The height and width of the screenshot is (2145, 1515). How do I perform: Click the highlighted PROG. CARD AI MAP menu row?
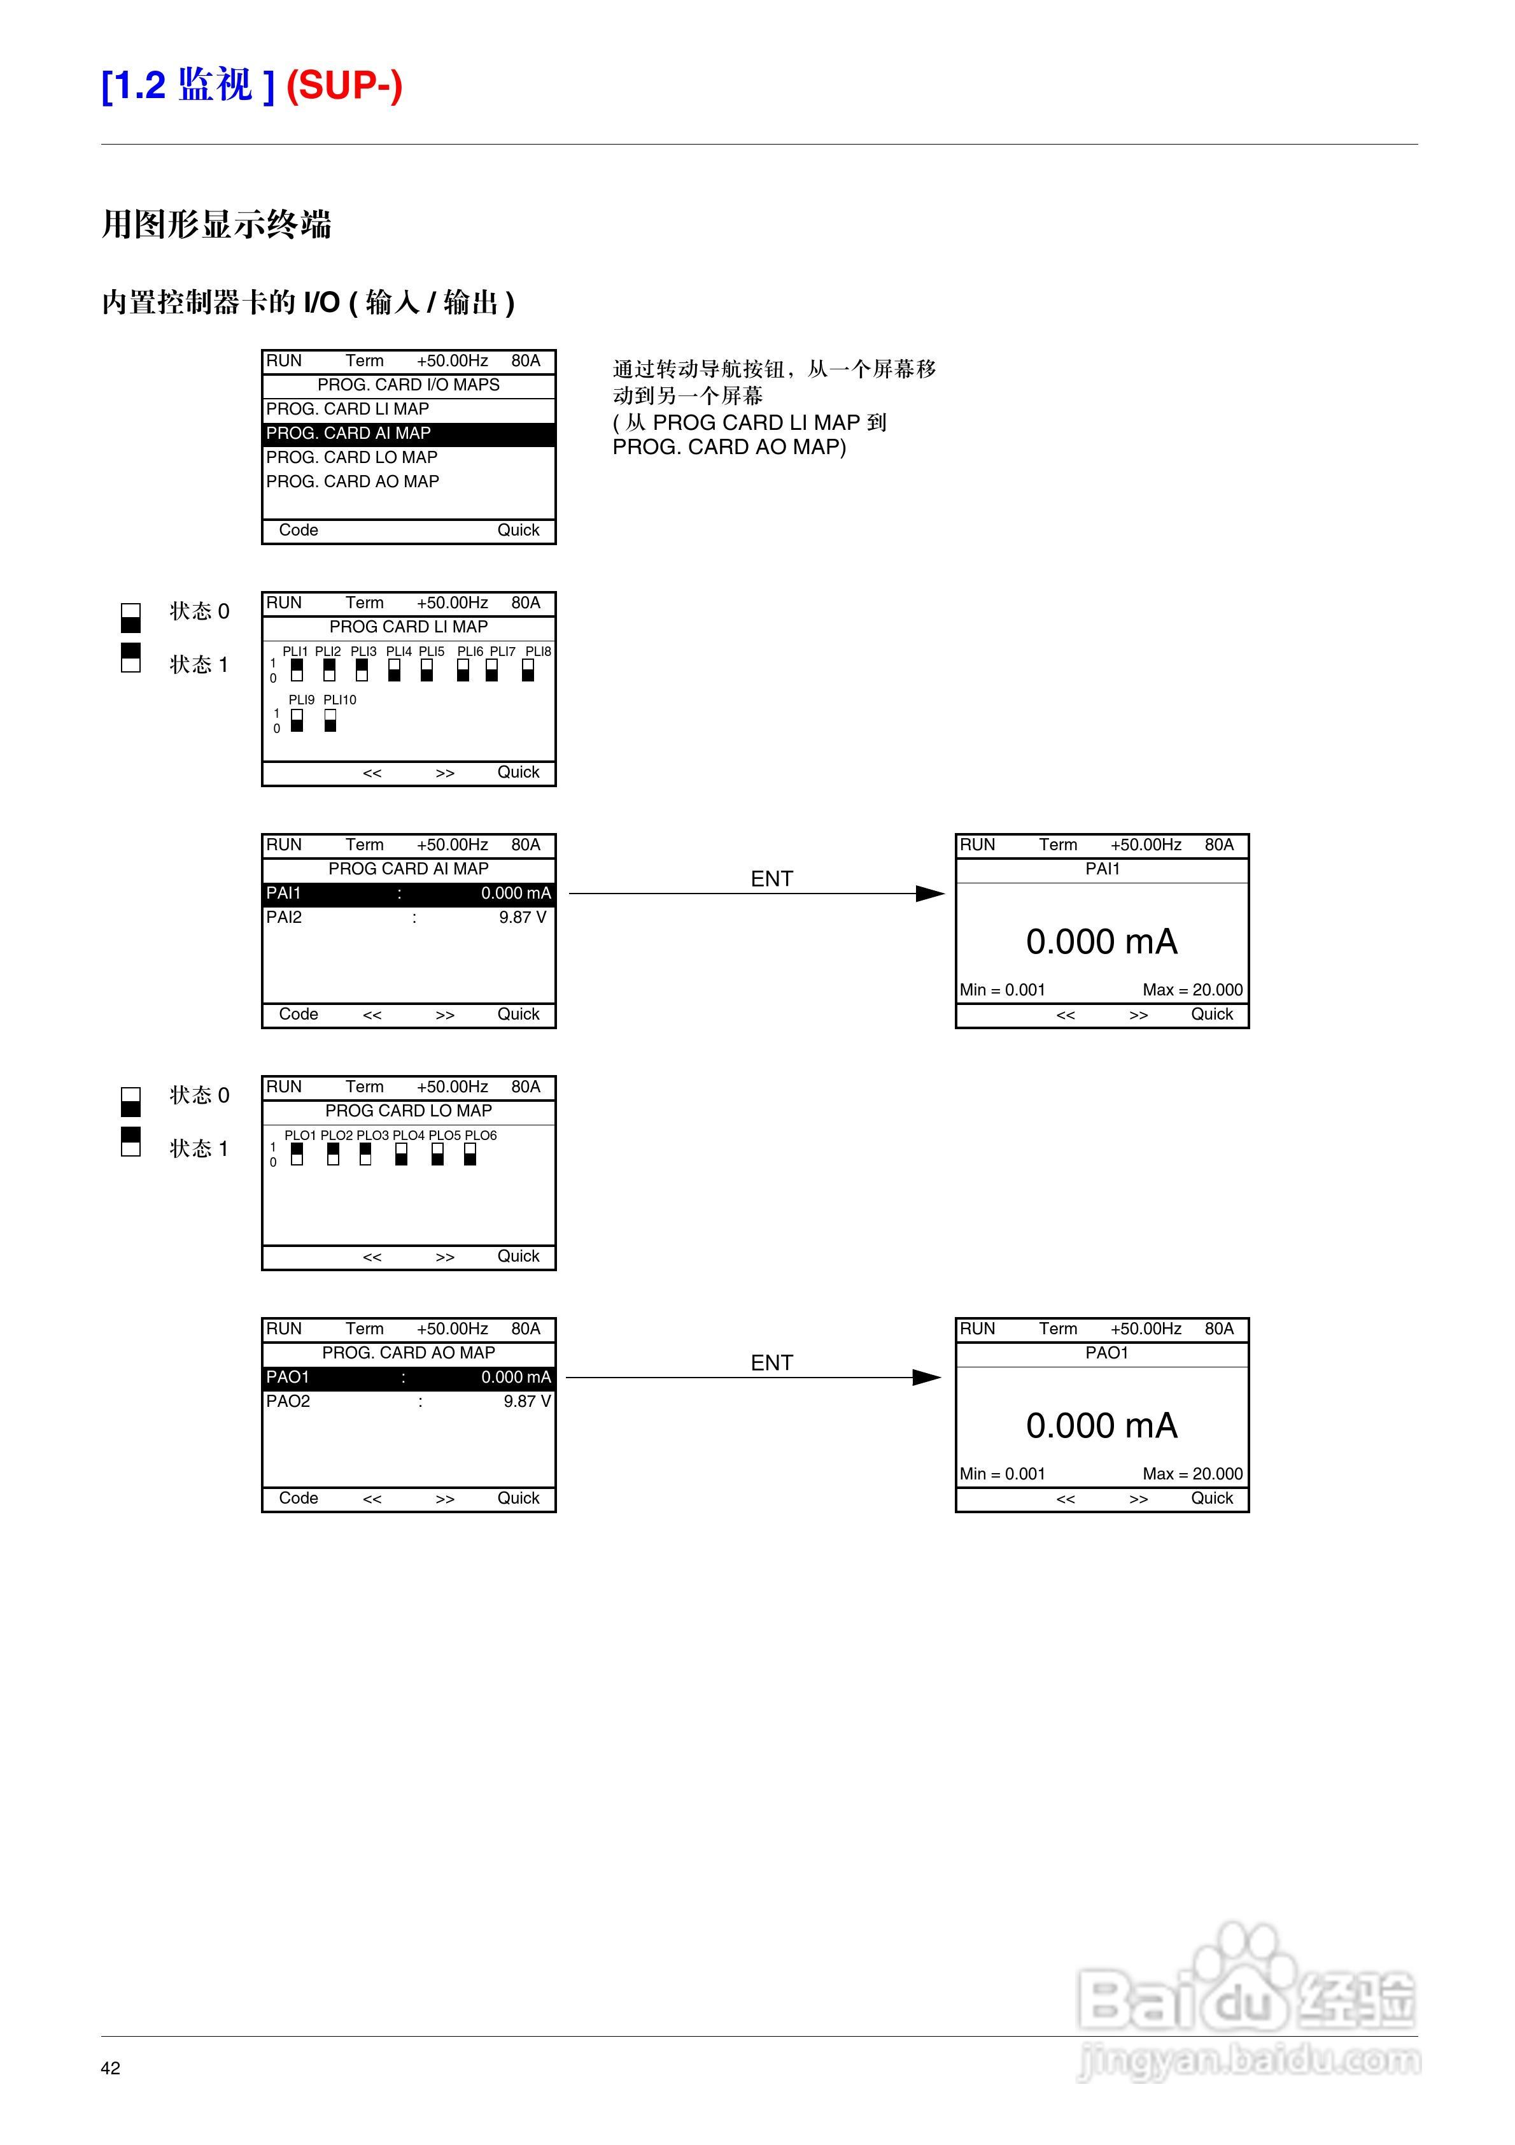click(x=408, y=434)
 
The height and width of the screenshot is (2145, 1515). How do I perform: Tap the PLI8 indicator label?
click(x=538, y=651)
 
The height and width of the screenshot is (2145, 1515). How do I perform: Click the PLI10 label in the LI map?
click(x=340, y=700)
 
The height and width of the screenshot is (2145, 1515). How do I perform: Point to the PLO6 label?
click(x=481, y=1135)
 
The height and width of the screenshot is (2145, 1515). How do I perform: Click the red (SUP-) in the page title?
click(x=344, y=86)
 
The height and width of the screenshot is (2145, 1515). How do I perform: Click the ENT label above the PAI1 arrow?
click(x=772, y=879)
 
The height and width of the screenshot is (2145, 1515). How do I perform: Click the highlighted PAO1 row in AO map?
click(x=408, y=1377)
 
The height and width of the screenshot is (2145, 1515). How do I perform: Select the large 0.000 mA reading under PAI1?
click(x=1101, y=942)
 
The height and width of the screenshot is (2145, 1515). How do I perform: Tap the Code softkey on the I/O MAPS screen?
click(x=299, y=531)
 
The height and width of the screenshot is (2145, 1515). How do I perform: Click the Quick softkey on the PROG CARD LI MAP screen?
click(x=518, y=773)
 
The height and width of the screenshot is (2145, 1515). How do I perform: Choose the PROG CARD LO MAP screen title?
click(x=408, y=1111)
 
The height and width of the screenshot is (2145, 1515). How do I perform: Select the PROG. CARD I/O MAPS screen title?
click(x=408, y=385)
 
